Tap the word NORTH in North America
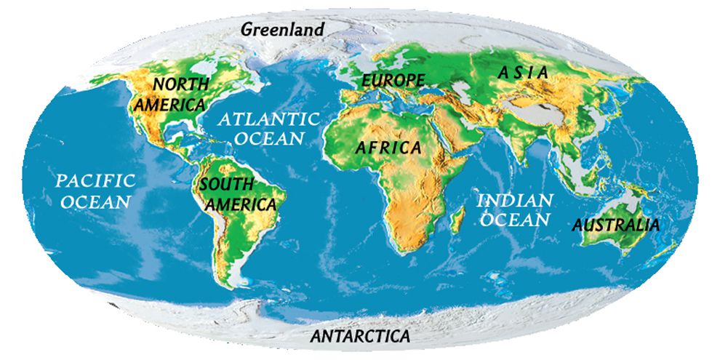(x=177, y=84)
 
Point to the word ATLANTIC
(x=271, y=119)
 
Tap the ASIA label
(x=522, y=73)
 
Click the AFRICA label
(x=388, y=148)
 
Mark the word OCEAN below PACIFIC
(x=96, y=201)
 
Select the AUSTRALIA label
(x=616, y=225)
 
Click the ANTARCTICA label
(x=360, y=336)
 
